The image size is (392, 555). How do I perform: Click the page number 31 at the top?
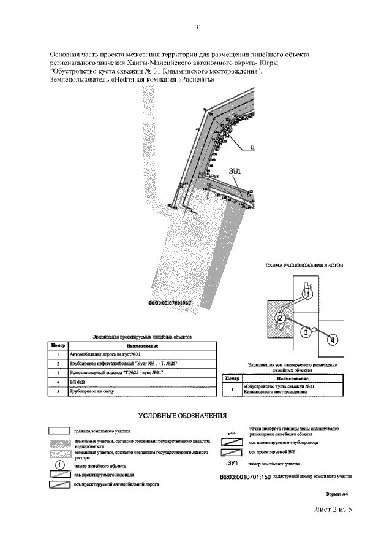tap(198, 27)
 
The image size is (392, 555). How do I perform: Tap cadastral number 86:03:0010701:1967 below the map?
tap(170, 303)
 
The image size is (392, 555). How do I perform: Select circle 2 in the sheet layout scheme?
tap(279, 318)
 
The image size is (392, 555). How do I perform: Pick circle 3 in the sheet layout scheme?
tap(304, 332)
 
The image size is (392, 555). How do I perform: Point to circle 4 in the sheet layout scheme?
tap(331, 339)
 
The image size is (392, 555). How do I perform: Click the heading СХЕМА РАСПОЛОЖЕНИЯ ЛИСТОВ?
tap(304, 266)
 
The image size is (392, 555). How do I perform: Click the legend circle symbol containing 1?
tap(60, 465)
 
